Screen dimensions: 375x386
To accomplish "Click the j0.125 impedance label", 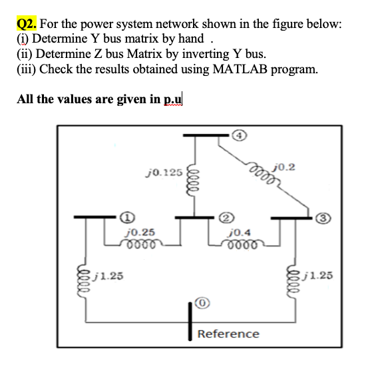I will pos(163,173).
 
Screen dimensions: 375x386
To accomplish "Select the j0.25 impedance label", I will pos(140,232).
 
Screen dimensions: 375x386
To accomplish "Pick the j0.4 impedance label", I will pos(239,232).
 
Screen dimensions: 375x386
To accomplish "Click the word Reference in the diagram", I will pos(228,333).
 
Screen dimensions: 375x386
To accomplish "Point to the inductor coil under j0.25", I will pos(140,242).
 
